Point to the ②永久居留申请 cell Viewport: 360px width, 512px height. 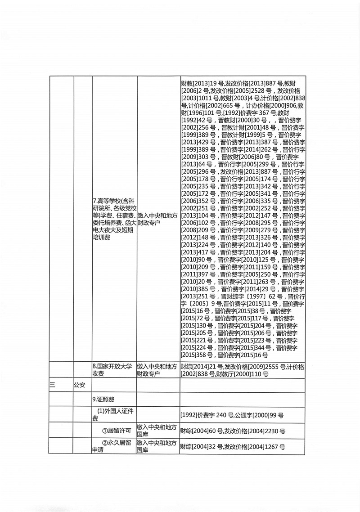[112, 446]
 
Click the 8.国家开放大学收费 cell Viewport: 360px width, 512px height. [112, 370]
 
